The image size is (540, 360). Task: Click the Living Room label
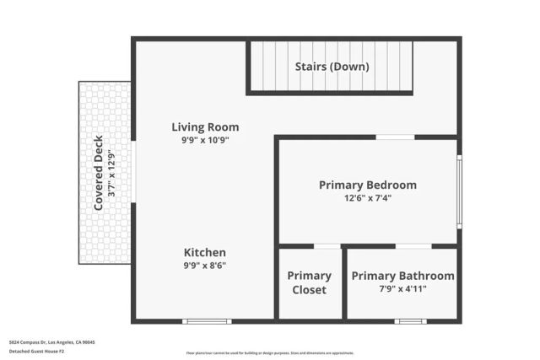(205, 127)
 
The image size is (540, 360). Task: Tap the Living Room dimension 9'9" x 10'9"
(205, 141)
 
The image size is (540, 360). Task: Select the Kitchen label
(205, 252)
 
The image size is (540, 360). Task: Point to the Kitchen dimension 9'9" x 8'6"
(205, 266)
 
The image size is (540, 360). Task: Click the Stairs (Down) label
(331, 67)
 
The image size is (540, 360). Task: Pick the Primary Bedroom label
(367, 185)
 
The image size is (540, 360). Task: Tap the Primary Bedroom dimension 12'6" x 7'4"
(367, 198)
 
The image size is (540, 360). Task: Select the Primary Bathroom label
(402, 276)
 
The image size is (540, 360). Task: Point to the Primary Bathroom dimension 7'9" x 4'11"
(402, 289)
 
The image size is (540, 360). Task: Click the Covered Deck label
(98, 173)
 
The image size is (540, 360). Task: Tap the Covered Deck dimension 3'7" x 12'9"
(111, 173)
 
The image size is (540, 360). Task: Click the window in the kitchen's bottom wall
(207, 321)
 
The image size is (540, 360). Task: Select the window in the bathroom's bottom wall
(410, 321)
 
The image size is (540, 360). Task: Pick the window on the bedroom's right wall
(459, 191)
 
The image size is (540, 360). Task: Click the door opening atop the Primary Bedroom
(395, 137)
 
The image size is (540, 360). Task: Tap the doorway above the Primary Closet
(327, 246)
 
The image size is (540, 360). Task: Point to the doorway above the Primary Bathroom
(413, 246)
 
